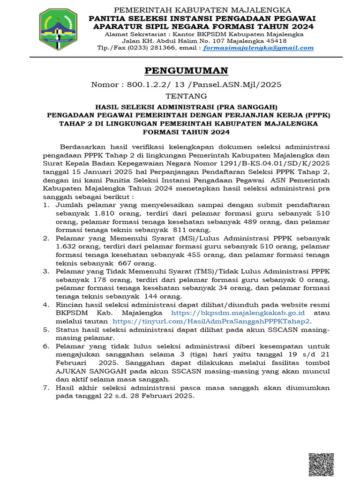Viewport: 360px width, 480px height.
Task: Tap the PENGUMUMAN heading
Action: (x=186, y=71)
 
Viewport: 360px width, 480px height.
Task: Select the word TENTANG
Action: (x=186, y=96)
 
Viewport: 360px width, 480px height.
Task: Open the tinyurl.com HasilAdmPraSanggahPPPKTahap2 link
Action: (x=211, y=321)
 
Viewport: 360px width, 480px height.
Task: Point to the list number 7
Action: (x=46, y=388)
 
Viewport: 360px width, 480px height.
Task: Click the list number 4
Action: (x=46, y=304)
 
